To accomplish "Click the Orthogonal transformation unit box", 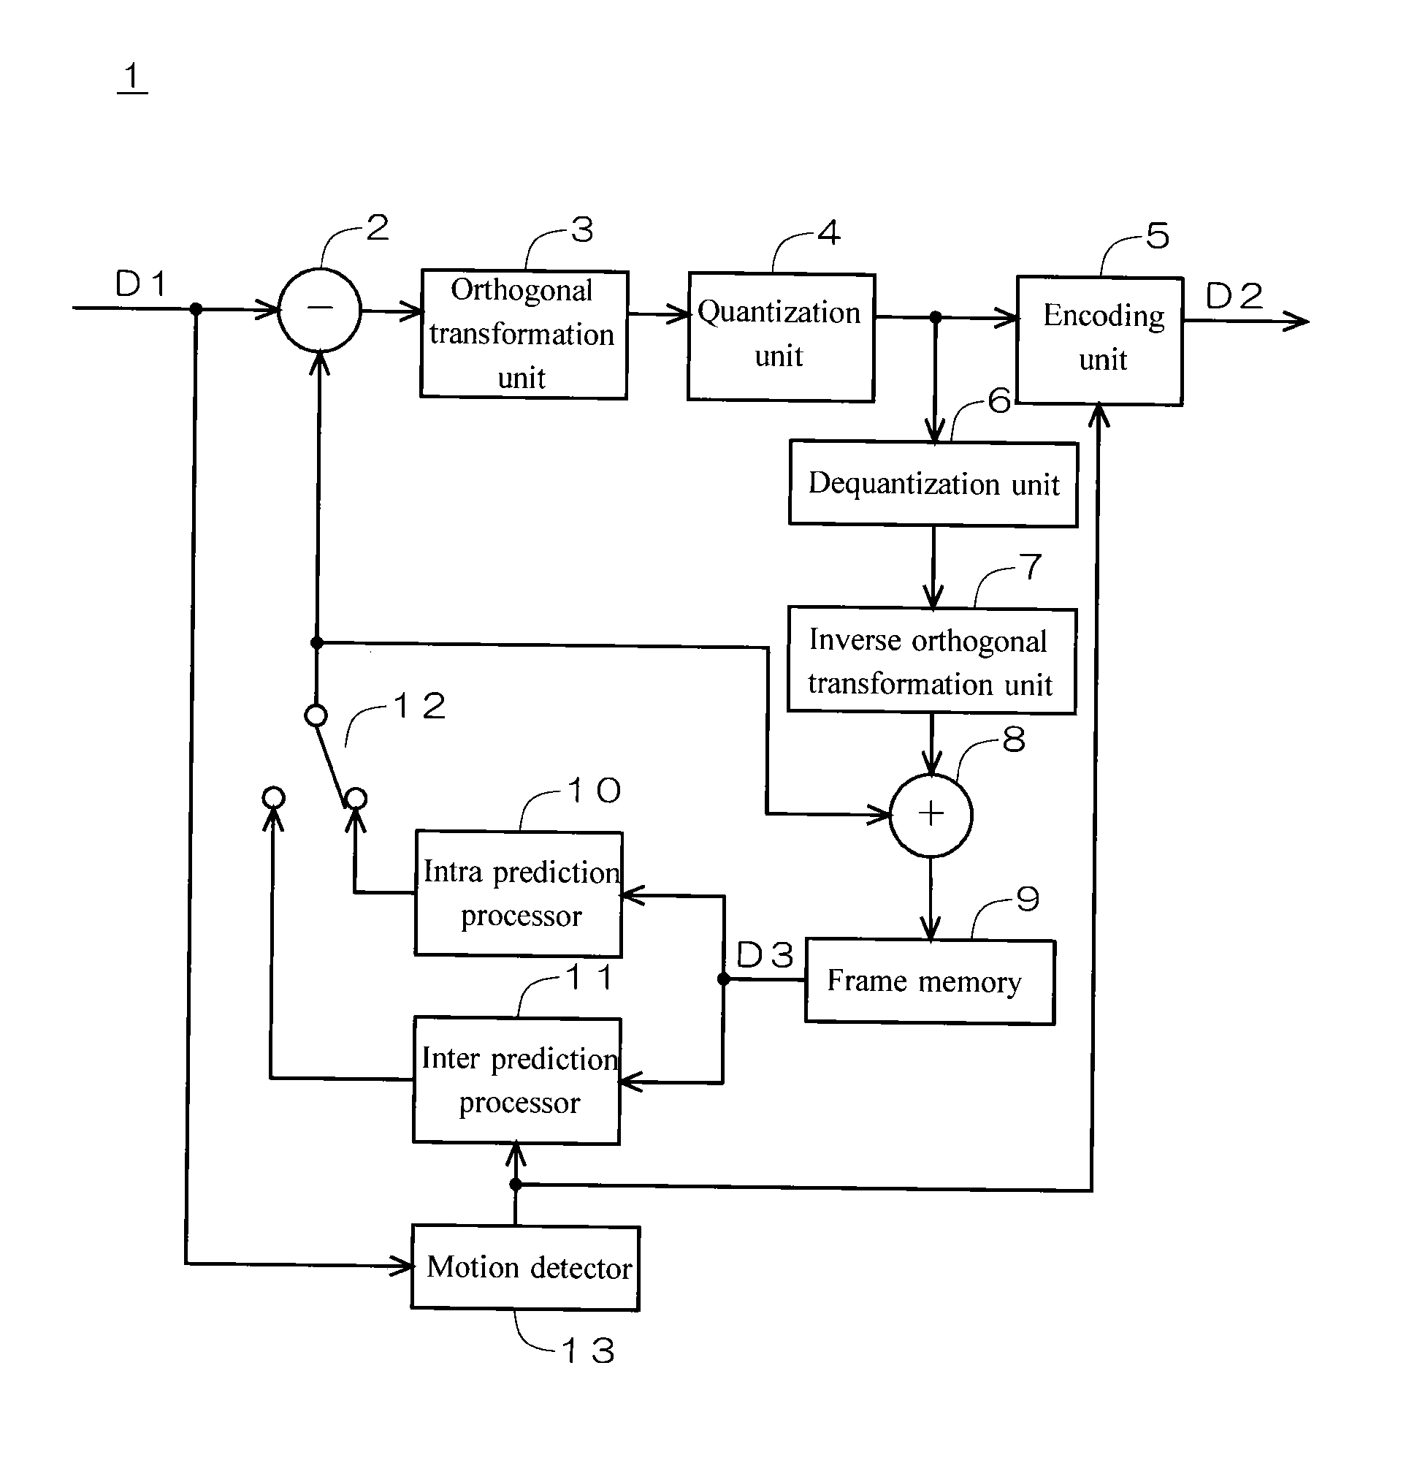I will pyautogui.click(x=523, y=334).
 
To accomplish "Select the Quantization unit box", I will pyautogui.click(x=780, y=336).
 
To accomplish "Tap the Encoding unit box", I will pyautogui.click(x=1099, y=340).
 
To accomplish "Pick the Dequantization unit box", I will pyautogui.click(x=933, y=484).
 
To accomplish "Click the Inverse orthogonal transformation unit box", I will pyautogui.click(x=931, y=661).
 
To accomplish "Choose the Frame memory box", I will pyautogui.click(x=930, y=981).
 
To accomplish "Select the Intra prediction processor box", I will pyautogui.click(x=519, y=894).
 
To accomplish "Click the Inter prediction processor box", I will pyautogui.click(x=517, y=1080).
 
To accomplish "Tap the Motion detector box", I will pyautogui.click(x=525, y=1268).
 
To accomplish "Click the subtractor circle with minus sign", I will pyautogui.click(x=319, y=308).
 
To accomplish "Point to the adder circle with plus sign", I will pyautogui.click(x=931, y=814).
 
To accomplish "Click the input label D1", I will pyautogui.click(x=140, y=284).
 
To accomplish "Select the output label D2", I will pyautogui.click(x=1234, y=295).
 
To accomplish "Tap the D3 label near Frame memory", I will pyautogui.click(x=765, y=955).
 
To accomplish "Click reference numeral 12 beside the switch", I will pyautogui.click(x=419, y=705).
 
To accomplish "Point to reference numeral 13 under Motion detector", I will pyautogui.click(x=588, y=1350).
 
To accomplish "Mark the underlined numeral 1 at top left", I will pyautogui.click(x=132, y=77).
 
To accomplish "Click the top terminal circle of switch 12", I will pyautogui.click(x=316, y=715).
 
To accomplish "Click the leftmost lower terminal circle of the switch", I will pyautogui.click(x=274, y=797).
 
